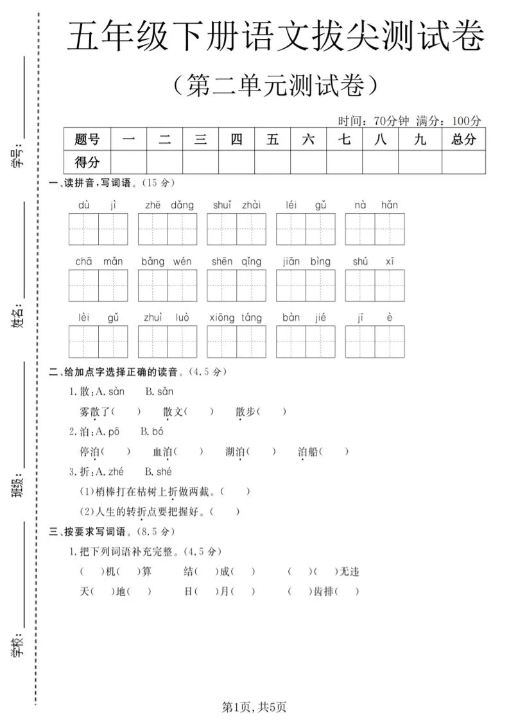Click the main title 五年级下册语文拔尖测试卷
(276, 37)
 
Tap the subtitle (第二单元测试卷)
(276, 85)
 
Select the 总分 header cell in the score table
(463, 139)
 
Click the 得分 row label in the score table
(87, 162)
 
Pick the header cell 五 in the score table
(272, 139)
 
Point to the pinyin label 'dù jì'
(98, 205)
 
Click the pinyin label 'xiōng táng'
(236, 318)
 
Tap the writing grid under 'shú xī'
(375, 286)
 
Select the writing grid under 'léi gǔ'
(306, 230)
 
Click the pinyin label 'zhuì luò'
(167, 318)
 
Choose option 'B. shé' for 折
(159, 472)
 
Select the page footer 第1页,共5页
(254, 707)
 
